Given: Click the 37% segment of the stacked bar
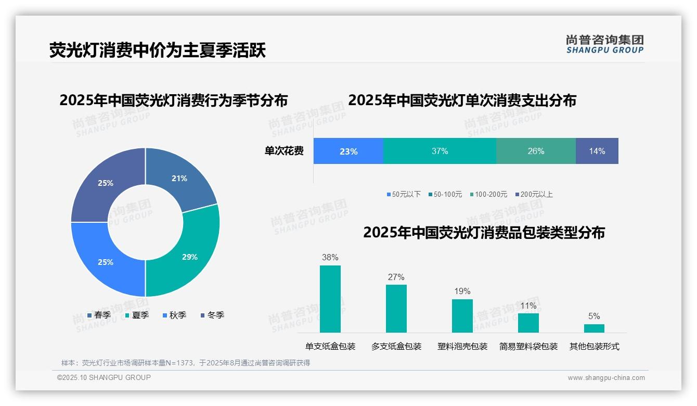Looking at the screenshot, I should point(440,151).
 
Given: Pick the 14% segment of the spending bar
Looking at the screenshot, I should point(597,151).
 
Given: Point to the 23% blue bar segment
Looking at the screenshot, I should point(348,151).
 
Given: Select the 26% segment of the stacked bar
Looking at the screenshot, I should point(536,151).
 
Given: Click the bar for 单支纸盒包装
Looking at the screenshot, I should point(330,299).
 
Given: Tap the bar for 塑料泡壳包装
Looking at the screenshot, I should point(462,315).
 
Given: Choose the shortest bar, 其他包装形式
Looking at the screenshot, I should point(594,328).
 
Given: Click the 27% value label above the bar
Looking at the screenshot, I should point(396,277).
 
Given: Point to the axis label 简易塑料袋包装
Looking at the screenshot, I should point(528,346).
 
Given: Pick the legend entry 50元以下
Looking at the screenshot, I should point(403,194).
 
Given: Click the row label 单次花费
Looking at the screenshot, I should point(284,151).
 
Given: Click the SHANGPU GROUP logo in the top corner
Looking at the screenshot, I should point(604,44).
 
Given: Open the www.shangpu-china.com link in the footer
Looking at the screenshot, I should point(606,378).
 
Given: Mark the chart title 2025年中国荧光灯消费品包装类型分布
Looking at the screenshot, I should point(484,233).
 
